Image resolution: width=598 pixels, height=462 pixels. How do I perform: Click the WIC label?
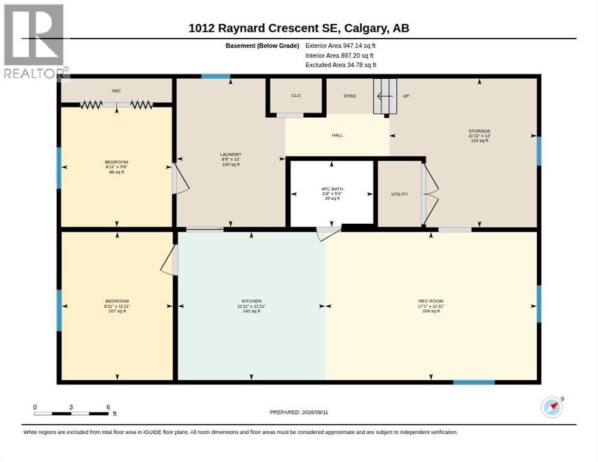pyautogui.click(x=116, y=91)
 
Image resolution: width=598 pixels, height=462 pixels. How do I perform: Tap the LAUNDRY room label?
pyautogui.click(x=231, y=155)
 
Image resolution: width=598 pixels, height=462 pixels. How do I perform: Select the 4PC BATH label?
pyautogui.click(x=332, y=189)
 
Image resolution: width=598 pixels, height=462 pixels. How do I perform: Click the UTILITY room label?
pyautogui.click(x=399, y=194)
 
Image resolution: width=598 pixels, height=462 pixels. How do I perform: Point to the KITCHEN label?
pyautogui.click(x=251, y=301)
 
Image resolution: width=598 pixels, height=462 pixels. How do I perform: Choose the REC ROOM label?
pyautogui.click(x=431, y=301)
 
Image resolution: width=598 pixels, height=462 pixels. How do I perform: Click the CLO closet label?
pyautogui.click(x=296, y=96)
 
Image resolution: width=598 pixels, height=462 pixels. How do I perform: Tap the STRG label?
pyautogui.click(x=350, y=96)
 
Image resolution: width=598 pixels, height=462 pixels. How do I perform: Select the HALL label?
pyautogui.click(x=337, y=135)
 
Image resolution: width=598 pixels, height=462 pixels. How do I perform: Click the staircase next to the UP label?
pyautogui.click(x=385, y=96)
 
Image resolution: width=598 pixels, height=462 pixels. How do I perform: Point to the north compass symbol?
pyautogui.click(x=552, y=407)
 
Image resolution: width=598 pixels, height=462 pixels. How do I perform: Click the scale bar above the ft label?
pyautogui.click(x=72, y=413)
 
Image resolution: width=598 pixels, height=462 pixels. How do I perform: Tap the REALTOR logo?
pyautogui.click(x=34, y=41)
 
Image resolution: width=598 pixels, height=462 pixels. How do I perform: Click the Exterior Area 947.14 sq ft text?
pyautogui.click(x=340, y=46)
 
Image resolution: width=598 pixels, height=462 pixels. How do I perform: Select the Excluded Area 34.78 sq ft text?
pyautogui.click(x=341, y=65)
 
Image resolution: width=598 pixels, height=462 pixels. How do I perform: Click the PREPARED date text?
pyautogui.click(x=299, y=413)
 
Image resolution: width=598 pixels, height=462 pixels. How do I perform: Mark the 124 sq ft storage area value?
pyautogui.click(x=479, y=141)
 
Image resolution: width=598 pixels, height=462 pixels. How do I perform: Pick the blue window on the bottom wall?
pyautogui.click(x=474, y=382)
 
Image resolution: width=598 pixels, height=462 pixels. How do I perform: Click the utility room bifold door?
pyautogui.click(x=430, y=194)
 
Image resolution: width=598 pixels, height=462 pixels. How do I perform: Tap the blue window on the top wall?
pyautogui.click(x=216, y=76)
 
